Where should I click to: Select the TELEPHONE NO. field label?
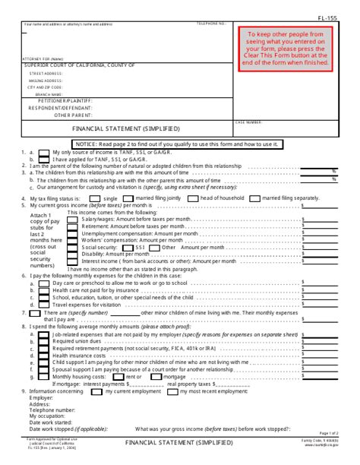[212, 24]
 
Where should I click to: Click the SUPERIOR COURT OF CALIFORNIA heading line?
[80, 66]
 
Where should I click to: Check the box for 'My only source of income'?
[45, 153]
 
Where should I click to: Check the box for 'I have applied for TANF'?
[45, 160]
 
